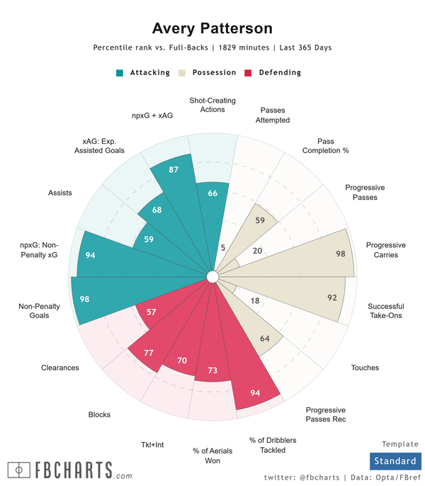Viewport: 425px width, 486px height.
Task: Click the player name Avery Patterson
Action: (x=212, y=28)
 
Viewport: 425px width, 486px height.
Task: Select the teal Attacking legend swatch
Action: (x=120, y=73)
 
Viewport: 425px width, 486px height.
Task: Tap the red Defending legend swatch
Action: (x=249, y=73)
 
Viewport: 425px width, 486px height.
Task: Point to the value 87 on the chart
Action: (x=173, y=170)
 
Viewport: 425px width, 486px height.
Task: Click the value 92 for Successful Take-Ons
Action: (x=331, y=298)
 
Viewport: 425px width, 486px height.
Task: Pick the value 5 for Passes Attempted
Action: (x=222, y=248)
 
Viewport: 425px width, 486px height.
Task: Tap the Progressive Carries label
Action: (x=382, y=250)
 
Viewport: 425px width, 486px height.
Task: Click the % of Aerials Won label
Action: (x=206, y=456)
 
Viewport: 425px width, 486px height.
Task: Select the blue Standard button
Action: (x=395, y=461)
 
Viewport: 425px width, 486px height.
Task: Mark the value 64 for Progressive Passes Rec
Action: (x=265, y=339)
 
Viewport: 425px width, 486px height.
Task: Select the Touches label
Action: (x=365, y=368)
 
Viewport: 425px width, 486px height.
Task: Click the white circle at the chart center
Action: (x=212, y=276)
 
